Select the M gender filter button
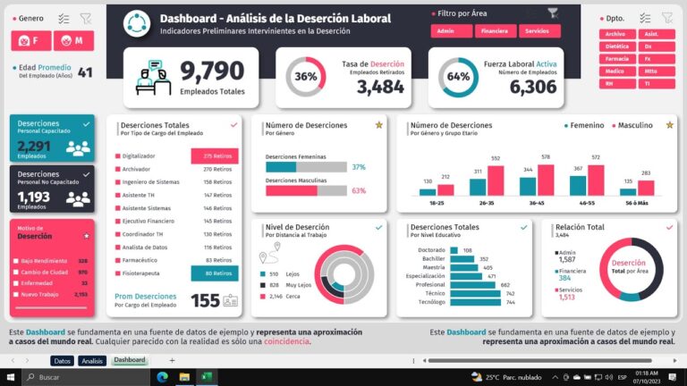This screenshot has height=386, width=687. point(72,41)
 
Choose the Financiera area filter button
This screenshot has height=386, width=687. point(495,31)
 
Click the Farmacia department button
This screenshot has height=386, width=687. point(616,58)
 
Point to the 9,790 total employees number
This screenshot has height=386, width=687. point(211,71)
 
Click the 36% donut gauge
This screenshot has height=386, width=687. point(305,77)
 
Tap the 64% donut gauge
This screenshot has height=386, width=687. point(458,77)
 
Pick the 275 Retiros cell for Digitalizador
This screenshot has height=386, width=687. point(215,155)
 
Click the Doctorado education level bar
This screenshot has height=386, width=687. point(455,250)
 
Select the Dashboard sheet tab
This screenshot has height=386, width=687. point(129,360)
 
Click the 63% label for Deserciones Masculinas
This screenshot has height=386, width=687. point(359,190)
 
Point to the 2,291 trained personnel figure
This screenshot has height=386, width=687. point(34,147)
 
